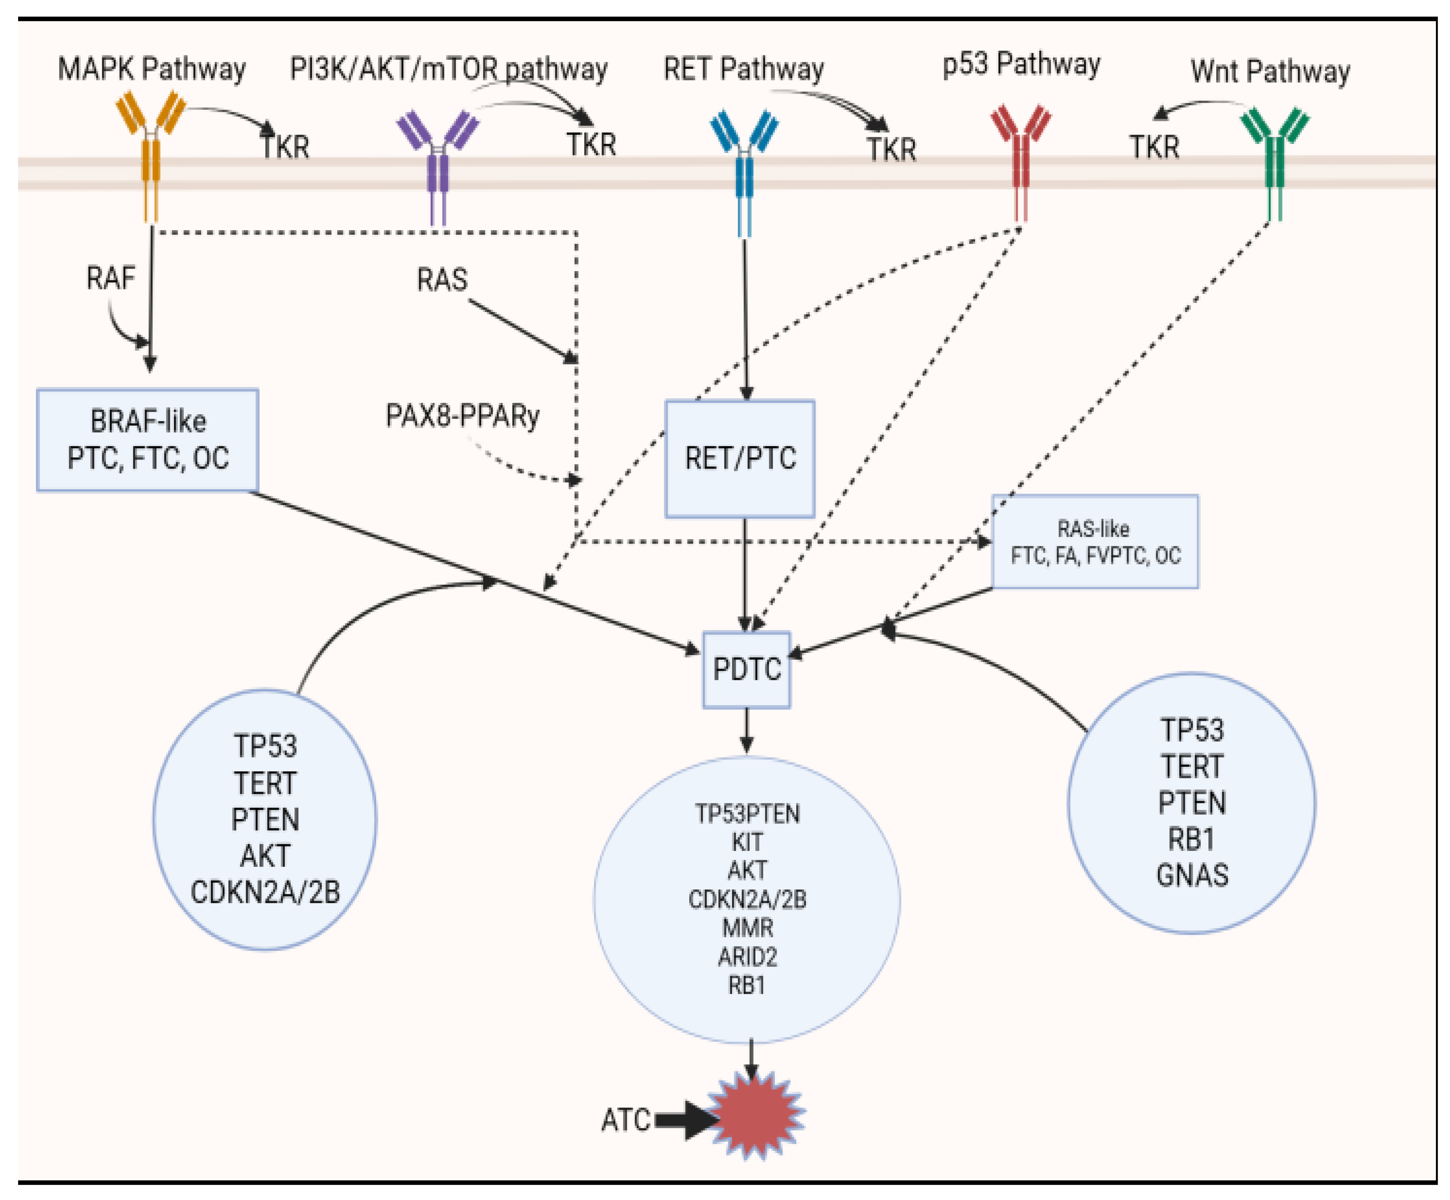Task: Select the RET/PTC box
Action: click(740, 458)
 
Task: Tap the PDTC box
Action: click(747, 669)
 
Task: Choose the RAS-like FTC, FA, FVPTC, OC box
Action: click(1095, 542)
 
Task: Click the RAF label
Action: click(111, 278)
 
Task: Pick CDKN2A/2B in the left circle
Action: click(265, 892)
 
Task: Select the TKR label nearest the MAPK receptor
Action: click(285, 147)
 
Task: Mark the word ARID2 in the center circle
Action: click(747, 956)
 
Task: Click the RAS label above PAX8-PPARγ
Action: click(442, 280)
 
